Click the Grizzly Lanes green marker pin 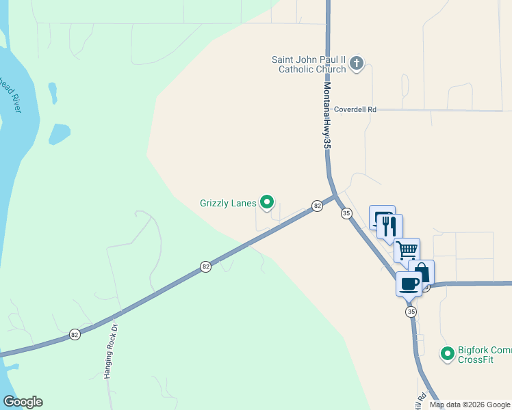click(x=268, y=202)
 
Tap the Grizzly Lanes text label click(x=227, y=203)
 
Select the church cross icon click(x=356, y=64)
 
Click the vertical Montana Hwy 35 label click(x=327, y=117)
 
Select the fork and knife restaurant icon click(x=390, y=226)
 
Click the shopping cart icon click(x=407, y=250)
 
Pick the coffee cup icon click(x=409, y=283)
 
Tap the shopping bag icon click(x=422, y=272)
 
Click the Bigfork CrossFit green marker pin click(x=447, y=353)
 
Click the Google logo click(x=23, y=402)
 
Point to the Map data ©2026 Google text click(x=470, y=405)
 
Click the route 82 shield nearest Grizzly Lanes click(x=318, y=205)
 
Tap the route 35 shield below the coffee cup click(x=411, y=312)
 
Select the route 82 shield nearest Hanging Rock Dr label click(x=75, y=334)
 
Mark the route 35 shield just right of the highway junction click(x=346, y=213)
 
